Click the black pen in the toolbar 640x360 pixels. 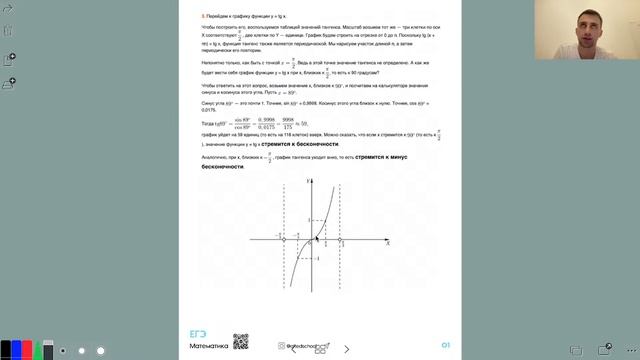7,350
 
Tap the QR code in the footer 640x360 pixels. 240,343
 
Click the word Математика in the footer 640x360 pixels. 209,346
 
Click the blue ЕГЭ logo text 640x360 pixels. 198,334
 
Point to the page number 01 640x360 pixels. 445,345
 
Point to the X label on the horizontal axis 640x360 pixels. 386,244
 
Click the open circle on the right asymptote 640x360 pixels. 346,239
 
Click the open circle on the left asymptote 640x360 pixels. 285,239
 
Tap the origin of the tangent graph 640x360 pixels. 316,239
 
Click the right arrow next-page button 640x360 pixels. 347,350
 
